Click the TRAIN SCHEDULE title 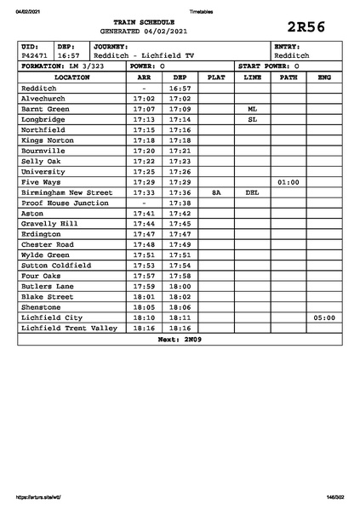[x=144, y=22]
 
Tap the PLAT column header [x=216, y=77]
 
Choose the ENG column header [x=323, y=77]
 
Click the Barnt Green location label [x=46, y=109]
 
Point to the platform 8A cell [x=216, y=192]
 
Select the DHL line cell [x=252, y=192]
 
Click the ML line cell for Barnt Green [x=252, y=109]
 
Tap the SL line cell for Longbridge [x=252, y=119]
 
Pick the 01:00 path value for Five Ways [x=289, y=182]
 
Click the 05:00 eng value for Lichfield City [x=323, y=317]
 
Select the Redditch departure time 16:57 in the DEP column [x=180, y=88]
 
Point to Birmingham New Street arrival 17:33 [x=144, y=192]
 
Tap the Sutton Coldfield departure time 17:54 [x=180, y=265]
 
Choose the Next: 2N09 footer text [x=180, y=339]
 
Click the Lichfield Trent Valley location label [x=69, y=327]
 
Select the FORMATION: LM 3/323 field [x=63, y=66]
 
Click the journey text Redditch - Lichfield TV [x=145, y=55]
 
